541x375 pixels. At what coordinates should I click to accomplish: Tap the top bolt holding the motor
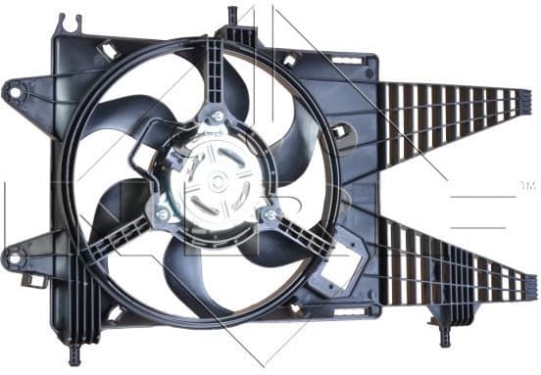point(217,117)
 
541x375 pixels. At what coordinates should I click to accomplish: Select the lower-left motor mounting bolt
point(161,213)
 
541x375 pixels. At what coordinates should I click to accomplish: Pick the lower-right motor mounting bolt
point(270,212)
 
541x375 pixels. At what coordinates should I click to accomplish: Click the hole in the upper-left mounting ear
point(14,94)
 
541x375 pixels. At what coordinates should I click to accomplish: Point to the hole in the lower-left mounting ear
point(13,259)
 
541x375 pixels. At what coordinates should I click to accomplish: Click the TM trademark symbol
point(525,185)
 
